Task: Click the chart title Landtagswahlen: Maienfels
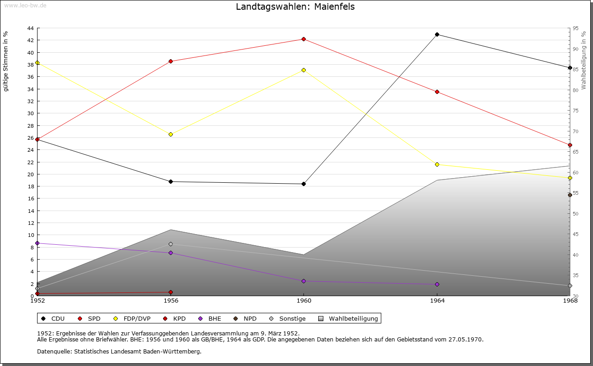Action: [x=295, y=6]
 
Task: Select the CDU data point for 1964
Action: [x=437, y=34]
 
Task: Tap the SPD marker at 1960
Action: [x=303, y=39]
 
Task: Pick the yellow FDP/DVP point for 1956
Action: [x=170, y=134]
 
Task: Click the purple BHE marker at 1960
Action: [x=303, y=281]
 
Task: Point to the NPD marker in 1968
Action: [x=570, y=195]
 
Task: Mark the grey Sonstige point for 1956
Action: [x=170, y=244]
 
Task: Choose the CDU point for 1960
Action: [x=303, y=184]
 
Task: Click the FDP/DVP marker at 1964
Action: [x=437, y=164]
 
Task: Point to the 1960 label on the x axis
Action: [x=303, y=300]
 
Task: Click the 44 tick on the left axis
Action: [x=30, y=28]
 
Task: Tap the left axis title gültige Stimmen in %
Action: [x=6, y=61]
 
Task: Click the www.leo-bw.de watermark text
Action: [x=25, y=6]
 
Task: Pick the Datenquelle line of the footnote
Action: [x=119, y=351]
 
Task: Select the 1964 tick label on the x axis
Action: [x=437, y=300]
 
